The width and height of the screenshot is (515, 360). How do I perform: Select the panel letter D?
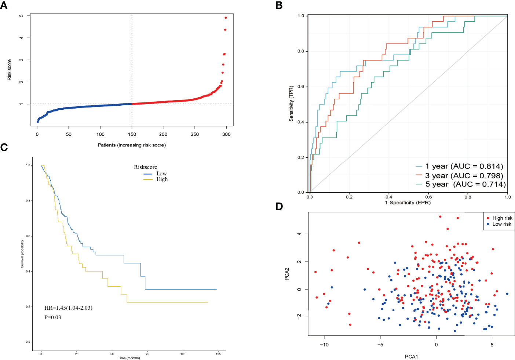pos(279,207)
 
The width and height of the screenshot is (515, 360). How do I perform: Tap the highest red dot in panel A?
pos(226,18)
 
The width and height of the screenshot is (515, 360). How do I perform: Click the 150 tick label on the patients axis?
pos(132,134)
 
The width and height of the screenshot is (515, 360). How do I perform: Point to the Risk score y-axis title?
pos(10,70)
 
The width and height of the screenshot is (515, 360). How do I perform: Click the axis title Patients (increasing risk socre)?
pos(132,145)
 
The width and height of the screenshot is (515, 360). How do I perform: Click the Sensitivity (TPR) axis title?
pos(291,104)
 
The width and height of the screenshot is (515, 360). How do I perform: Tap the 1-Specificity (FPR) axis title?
pos(408,203)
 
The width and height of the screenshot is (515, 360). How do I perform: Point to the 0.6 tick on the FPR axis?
pos(428,197)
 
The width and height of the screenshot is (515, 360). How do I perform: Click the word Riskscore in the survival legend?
pos(145,167)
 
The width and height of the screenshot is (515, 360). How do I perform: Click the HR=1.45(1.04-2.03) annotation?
pos(68,308)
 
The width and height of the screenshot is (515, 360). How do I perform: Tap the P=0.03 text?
pos(53,317)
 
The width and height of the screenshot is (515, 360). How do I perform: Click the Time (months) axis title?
pos(129,358)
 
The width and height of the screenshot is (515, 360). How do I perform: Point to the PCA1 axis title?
pos(411,357)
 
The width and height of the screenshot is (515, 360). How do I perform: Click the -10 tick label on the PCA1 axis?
pos(324,345)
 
